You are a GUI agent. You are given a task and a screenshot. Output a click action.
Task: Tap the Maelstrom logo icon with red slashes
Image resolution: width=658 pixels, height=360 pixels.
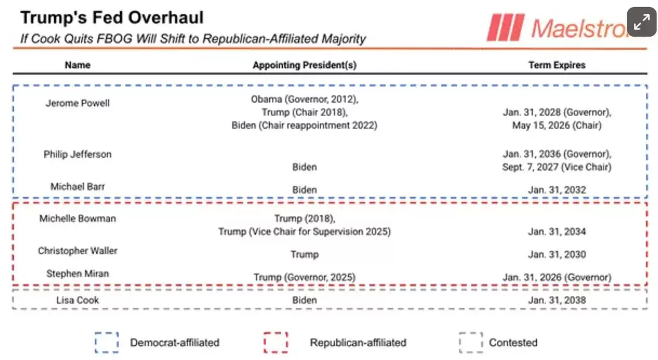coord(506,27)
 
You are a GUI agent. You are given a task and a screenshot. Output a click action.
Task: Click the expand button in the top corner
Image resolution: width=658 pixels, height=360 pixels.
coord(642,22)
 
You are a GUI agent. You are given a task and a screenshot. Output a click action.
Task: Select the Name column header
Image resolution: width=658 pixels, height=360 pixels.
coord(77,65)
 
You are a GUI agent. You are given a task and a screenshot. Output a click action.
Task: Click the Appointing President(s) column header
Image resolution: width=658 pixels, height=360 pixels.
coord(304,65)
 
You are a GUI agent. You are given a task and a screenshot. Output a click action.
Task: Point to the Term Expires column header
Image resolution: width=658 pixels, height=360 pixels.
coord(557,65)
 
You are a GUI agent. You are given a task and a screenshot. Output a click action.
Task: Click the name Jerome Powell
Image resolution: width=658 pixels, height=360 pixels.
coord(77,103)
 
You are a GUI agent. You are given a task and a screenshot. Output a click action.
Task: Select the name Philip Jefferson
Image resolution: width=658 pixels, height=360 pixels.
coord(77,155)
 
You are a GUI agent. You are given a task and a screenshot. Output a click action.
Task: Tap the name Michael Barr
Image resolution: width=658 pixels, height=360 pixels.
coord(77,186)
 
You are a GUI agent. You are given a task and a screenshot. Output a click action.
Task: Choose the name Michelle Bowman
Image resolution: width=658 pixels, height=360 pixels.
coord(77,219)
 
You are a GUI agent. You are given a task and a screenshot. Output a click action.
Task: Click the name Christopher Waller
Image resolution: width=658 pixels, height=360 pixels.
coord(77,251)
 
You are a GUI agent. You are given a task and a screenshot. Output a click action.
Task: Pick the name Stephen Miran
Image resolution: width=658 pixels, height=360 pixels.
coord(77,273)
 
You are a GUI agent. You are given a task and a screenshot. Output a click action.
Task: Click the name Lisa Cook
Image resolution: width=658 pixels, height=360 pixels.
coord(77,300)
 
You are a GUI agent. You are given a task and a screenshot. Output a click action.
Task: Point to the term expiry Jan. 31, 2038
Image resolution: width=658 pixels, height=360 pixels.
coord(557,300)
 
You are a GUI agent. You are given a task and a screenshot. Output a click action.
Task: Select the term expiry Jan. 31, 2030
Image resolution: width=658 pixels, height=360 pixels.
coord(557,255)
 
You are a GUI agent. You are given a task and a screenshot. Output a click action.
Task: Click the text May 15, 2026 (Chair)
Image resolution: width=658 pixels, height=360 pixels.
coord(557,125)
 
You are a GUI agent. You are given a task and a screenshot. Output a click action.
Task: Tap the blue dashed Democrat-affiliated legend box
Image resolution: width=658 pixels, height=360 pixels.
coord(106,343)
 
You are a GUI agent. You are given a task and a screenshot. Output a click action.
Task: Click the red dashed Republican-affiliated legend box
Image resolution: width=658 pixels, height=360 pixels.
coord(275,343)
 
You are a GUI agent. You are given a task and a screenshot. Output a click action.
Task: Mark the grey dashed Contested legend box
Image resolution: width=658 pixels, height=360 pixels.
coord(470,343)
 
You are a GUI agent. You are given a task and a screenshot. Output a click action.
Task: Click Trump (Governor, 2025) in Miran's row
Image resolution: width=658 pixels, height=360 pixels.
coord(304,278)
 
